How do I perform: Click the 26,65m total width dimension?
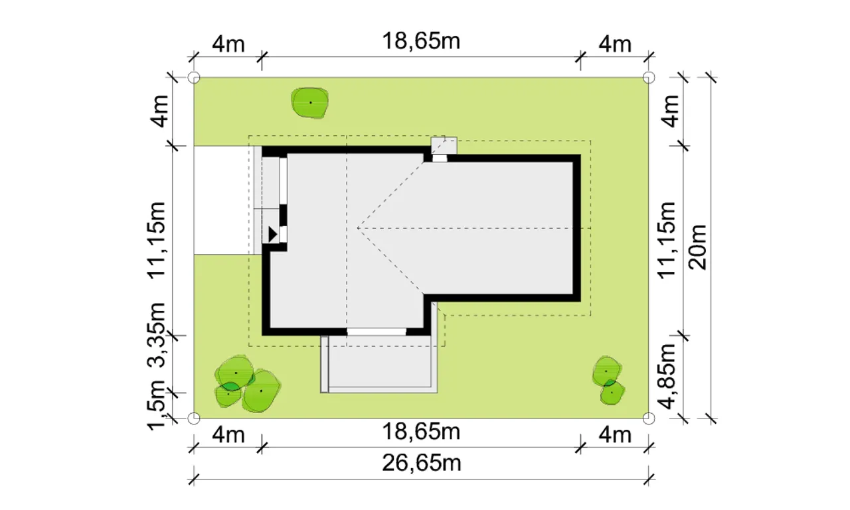coord(421,463)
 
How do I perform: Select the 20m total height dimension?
coord(697,247)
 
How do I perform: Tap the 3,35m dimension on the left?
coord(156,335)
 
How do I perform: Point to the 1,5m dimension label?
coord(156,405)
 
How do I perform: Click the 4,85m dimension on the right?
coord(667,377)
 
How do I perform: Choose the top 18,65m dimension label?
coord(421,41)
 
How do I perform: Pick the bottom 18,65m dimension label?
coord(421,431)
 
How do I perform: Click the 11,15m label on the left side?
coord(156,241)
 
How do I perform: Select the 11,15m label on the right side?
coord(667,241)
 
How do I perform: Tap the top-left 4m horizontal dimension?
coord(228,44)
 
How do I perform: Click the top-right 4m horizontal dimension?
coord(615,44)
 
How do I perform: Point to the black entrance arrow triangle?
coord(272,234)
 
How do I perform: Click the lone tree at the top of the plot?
coord(310,103)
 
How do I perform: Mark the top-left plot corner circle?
coord(194,78)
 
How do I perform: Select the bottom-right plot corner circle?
coord(649,418)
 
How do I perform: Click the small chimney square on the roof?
coord(444,146)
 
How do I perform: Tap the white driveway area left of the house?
coord(224,200)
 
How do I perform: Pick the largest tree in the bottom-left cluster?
coord(261,391)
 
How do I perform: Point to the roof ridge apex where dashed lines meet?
coord(358,228)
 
